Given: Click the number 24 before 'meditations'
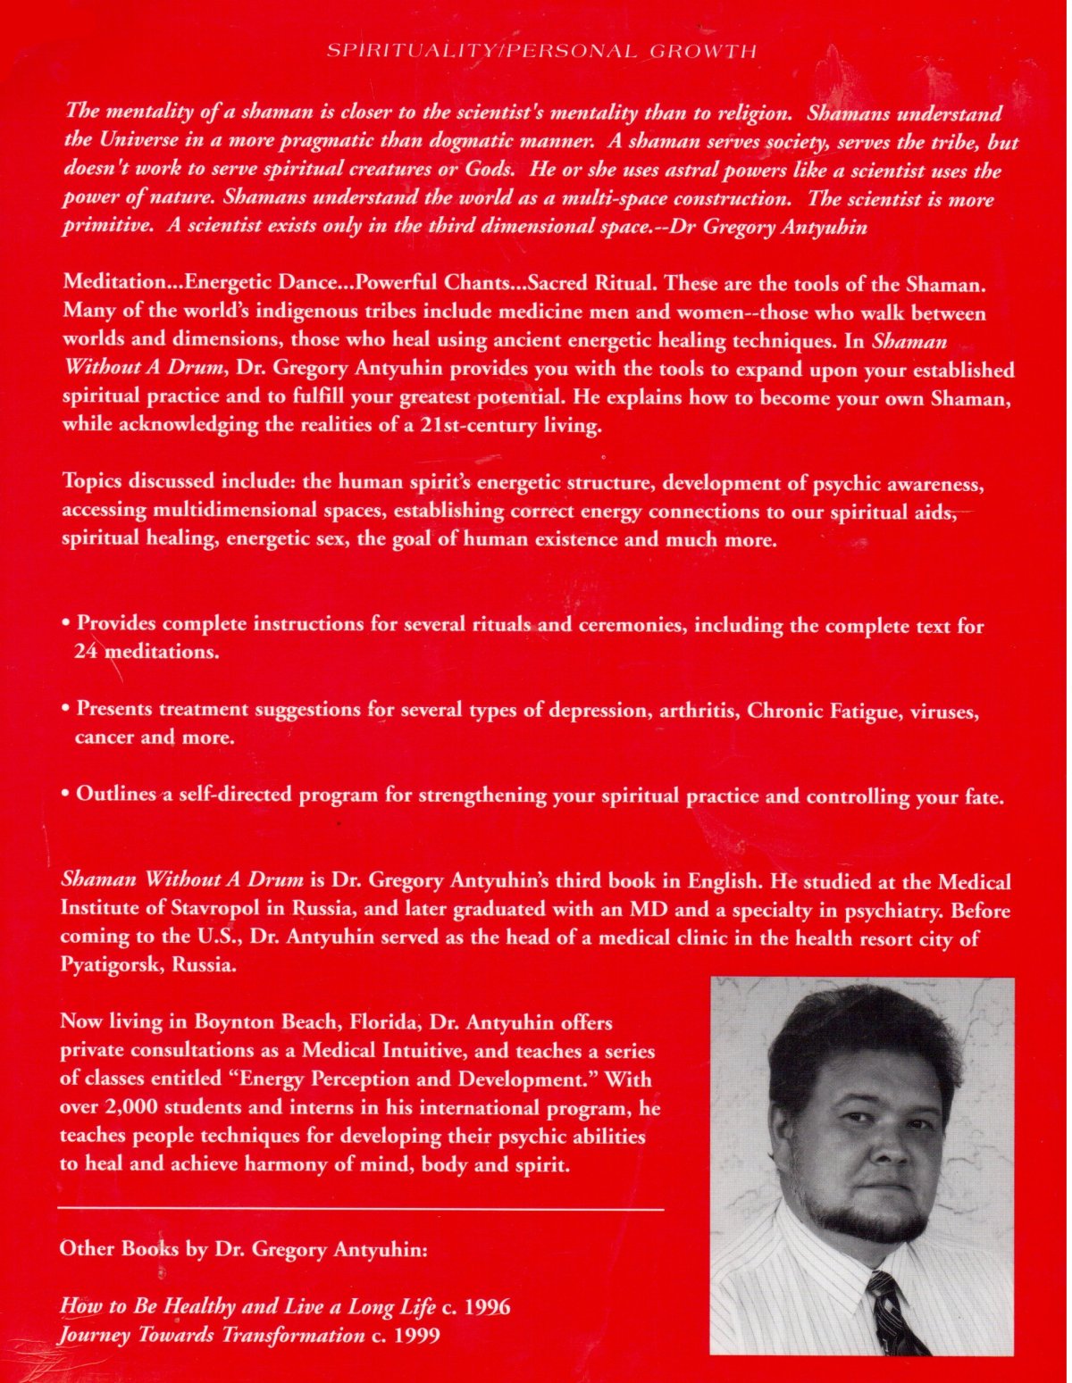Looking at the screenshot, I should pyautogui.click(x=86, y=652).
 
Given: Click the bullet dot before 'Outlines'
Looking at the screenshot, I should pyautogui.click(x=66, y=794).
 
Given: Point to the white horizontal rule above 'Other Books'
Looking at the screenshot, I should pyautogui.click(x=361, y=1208).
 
